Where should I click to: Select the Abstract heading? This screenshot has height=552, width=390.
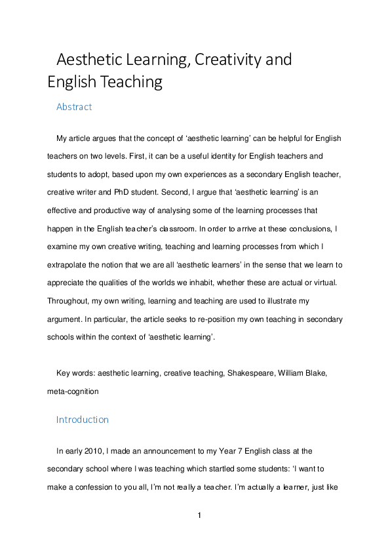[74, 107]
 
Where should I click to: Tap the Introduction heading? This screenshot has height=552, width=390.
[83, 419]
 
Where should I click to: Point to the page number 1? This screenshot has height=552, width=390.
[199, 515]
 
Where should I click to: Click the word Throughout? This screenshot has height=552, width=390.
[68, 302]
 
